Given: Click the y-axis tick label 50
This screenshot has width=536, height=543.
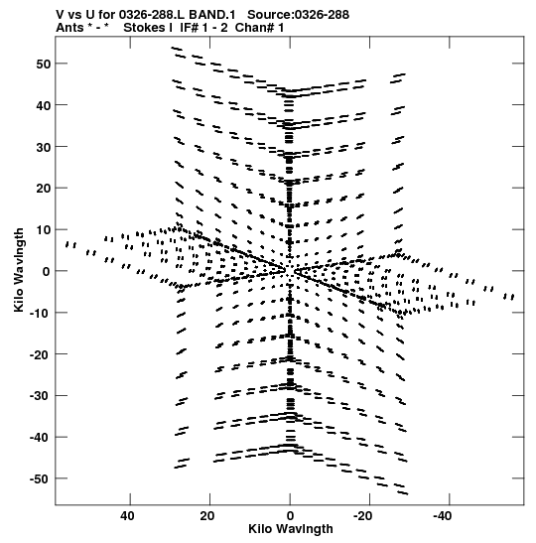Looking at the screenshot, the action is [43, 65].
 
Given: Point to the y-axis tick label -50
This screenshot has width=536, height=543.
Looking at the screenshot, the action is [40, 478].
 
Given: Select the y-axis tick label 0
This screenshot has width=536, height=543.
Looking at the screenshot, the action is [47, 272].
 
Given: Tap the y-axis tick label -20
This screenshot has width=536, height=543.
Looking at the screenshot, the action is [40, 354].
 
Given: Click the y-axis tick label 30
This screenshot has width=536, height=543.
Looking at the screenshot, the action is [43, 147].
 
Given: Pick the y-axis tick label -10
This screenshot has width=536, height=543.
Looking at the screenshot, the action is [40, 313].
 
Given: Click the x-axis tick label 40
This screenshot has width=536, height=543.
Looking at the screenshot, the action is [127, 516].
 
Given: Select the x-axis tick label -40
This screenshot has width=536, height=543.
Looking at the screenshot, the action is [442, 516].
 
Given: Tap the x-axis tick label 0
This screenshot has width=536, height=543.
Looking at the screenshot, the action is [290, 516].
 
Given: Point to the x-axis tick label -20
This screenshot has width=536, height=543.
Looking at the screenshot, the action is [362, 516].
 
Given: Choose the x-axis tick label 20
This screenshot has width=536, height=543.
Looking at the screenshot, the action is [207, 516].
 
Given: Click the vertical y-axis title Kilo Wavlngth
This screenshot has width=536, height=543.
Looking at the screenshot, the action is [19, 270].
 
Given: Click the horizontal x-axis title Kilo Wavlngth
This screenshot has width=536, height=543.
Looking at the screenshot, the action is [291, 529].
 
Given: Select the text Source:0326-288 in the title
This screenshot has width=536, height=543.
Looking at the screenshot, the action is [298, 15].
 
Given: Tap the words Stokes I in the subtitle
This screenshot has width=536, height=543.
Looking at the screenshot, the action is [148, 28].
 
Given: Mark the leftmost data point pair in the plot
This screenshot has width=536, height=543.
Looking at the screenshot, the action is [70, 245].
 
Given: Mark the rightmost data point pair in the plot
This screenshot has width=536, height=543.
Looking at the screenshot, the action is [509, 297].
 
